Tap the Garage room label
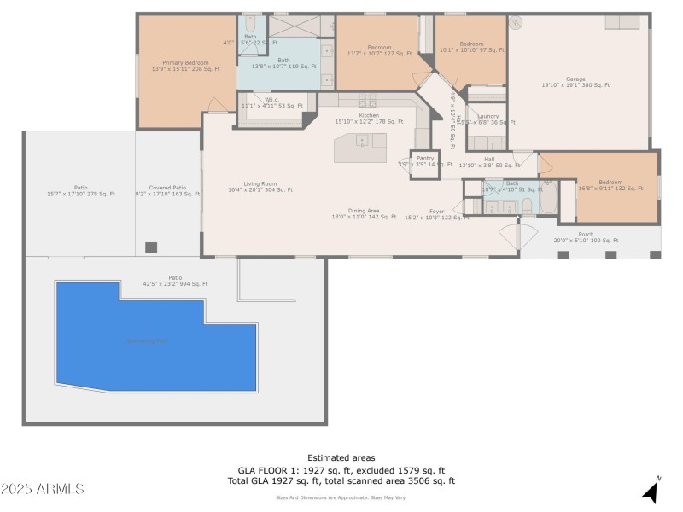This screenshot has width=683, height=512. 575,82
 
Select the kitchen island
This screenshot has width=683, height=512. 359,147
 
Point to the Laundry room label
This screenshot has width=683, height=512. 488,119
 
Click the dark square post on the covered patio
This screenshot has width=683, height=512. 151,247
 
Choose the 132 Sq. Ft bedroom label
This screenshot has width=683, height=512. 610,185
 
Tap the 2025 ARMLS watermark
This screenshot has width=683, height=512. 43,489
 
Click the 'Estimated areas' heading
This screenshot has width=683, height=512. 341,457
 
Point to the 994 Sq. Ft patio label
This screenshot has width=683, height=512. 175,281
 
